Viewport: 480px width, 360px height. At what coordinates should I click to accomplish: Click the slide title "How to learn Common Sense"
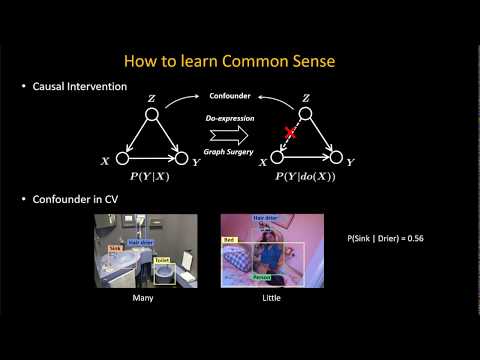pos(240,61)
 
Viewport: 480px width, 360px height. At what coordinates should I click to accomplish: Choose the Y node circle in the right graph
pos(337,158)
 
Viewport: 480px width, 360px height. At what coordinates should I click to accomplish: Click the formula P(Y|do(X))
pos(307,176)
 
